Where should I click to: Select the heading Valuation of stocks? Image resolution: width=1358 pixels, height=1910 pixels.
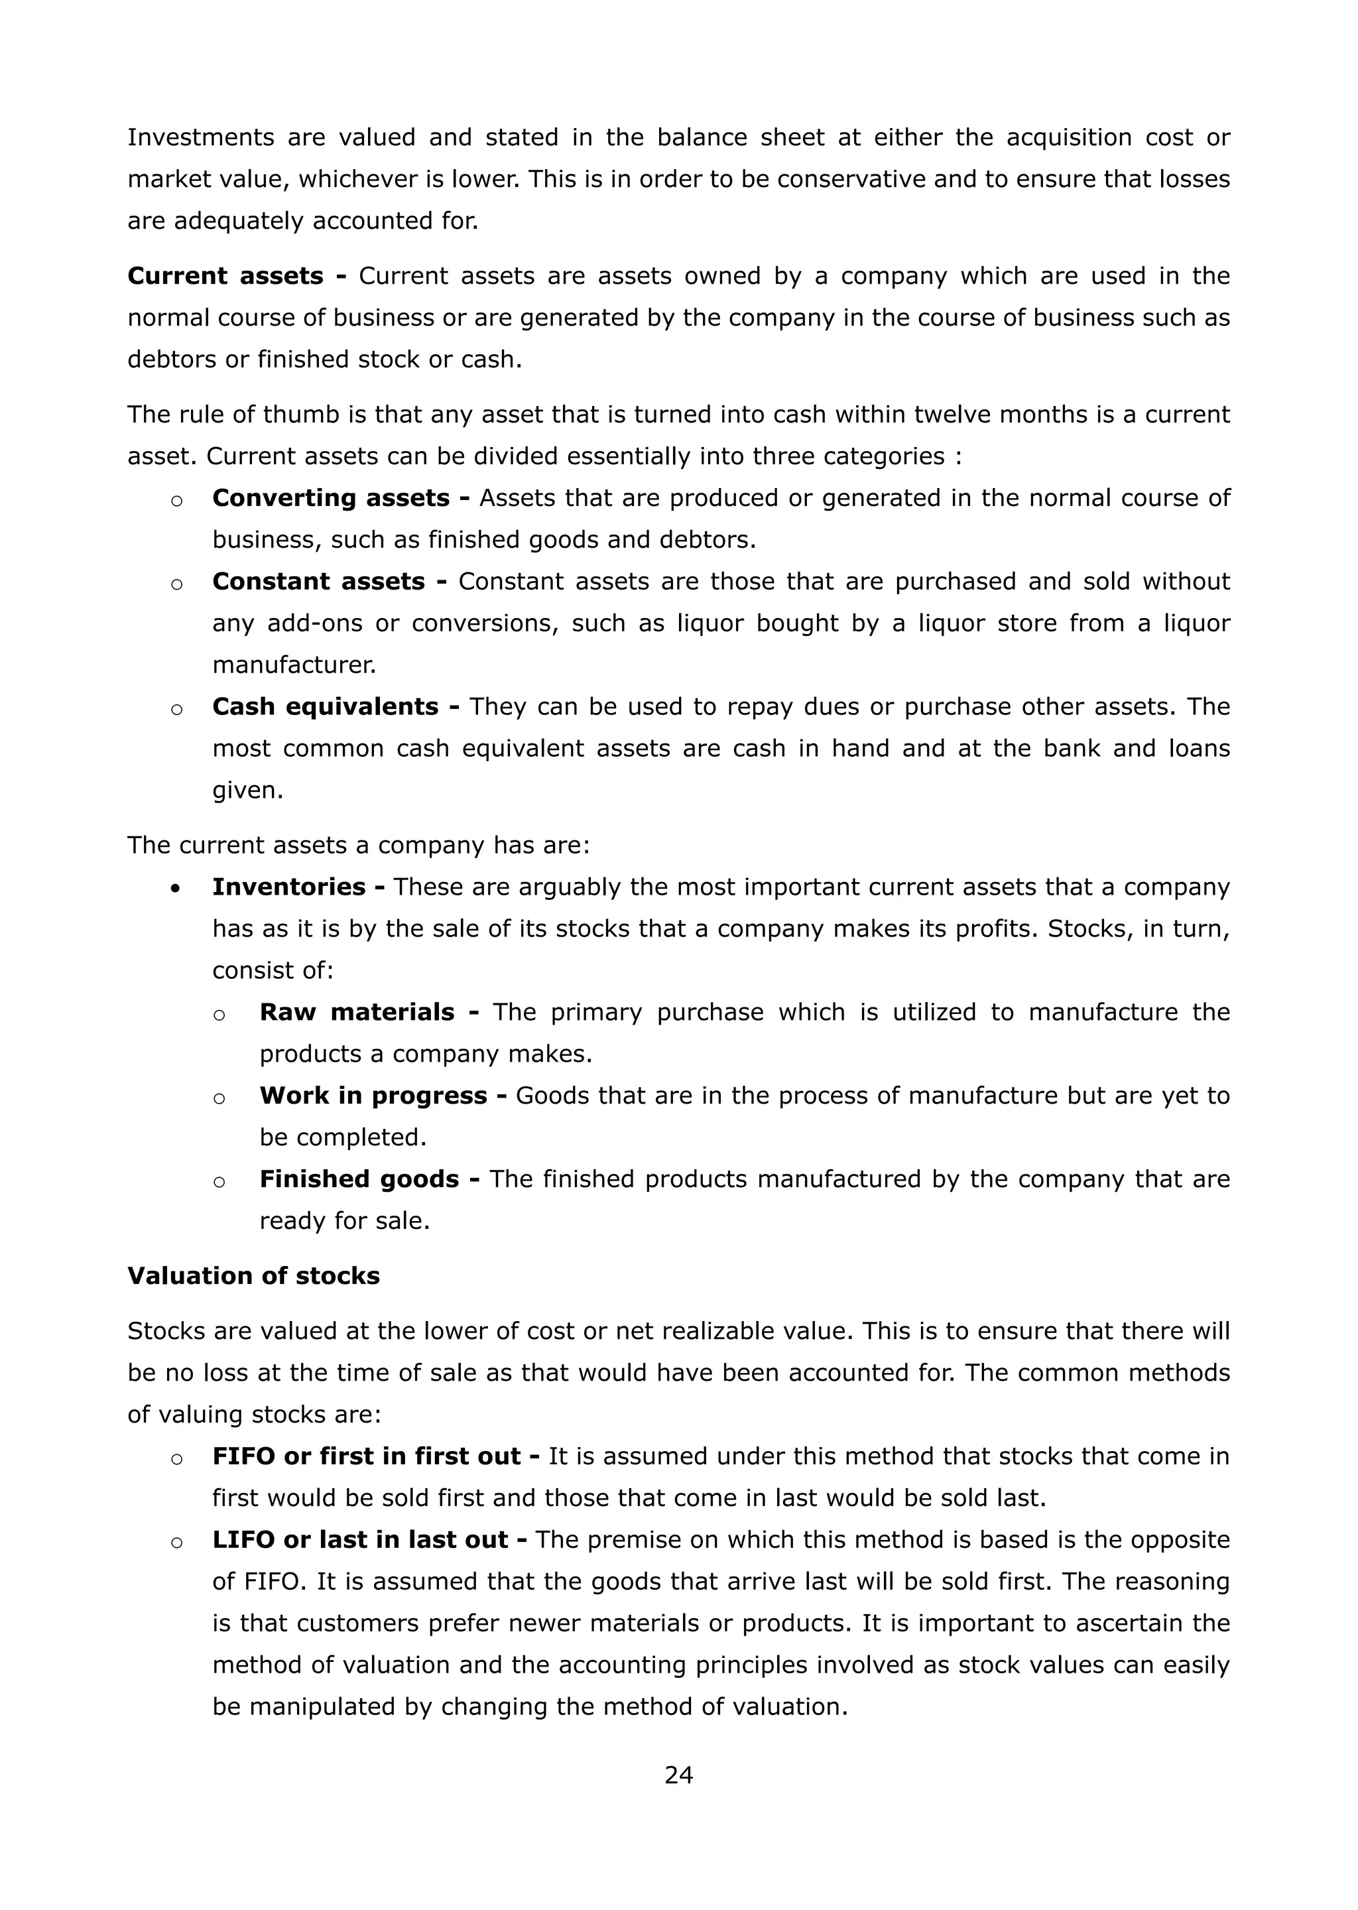point(253,1275)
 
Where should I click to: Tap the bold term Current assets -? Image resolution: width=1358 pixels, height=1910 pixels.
point(237,276)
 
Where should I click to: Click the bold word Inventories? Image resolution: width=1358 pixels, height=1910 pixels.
point(288,887)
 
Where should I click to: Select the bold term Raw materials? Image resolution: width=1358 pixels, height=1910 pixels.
point(357,1012)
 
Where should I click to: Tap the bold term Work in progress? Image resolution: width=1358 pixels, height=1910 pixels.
point(373,1096)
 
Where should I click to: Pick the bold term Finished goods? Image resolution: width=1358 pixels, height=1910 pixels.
point(359,1179)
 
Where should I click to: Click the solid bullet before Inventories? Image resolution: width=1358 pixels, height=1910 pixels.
point(175,889)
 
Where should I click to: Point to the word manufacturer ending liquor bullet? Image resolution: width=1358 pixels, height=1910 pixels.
point(294,666)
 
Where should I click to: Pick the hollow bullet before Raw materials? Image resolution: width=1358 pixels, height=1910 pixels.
point(219,1015)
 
